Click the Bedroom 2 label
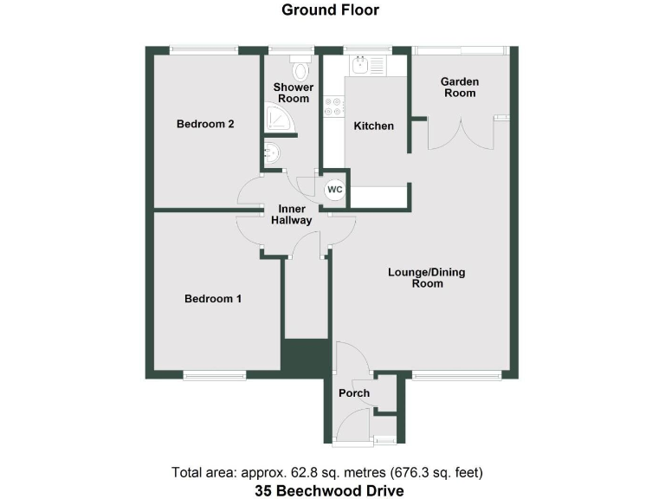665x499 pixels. click(x=205, y=124)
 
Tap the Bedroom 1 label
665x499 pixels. click(x=212, y=299)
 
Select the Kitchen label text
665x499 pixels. click(x=374, y=126)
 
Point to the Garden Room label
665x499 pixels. click(x=459, y=87)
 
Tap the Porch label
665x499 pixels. click(x=354, y=393)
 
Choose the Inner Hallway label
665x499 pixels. click(x=293, y=214)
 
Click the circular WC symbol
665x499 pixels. click(x=334, y=190)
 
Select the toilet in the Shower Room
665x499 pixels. click(x=300, y=69)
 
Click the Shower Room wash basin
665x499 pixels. click(x=272, y=153)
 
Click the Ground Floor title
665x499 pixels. click(x=330, y=10)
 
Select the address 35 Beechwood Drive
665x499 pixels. click(x=329, y=490)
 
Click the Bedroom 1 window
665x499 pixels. click(x=214, y=374)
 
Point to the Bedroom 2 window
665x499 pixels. click(x=204, y=49)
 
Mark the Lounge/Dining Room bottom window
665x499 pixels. click(x=456, y=374)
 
